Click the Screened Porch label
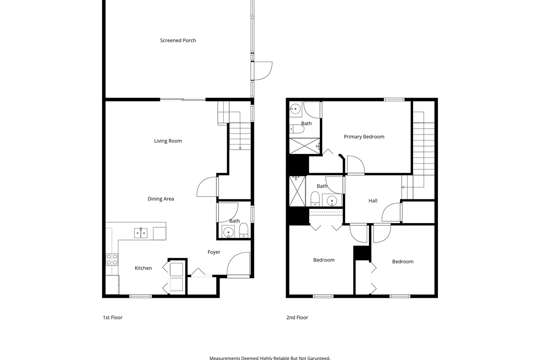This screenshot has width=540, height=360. click(178, 40)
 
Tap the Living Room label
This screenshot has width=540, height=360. click(168, 141)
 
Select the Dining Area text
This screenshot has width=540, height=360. click(161, 199)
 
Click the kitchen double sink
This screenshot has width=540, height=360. click(140, 233)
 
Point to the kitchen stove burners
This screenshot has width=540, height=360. click(112, 259)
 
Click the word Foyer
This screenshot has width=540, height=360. click(214, 252)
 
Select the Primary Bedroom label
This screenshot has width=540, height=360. click(364, 137)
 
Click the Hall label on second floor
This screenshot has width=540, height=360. click(373, 201)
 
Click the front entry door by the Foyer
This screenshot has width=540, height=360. click(238, 265)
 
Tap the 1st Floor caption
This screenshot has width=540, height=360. click(112, 318)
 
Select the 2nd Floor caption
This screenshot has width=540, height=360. click(297, 318)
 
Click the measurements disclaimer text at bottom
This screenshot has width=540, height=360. click(270, 358)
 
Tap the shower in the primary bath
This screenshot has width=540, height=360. click(304, 146)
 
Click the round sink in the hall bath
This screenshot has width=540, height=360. click(333, 200)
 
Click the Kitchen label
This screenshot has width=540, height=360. click(143, 268)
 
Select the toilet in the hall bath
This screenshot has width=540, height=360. click(315, 198)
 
